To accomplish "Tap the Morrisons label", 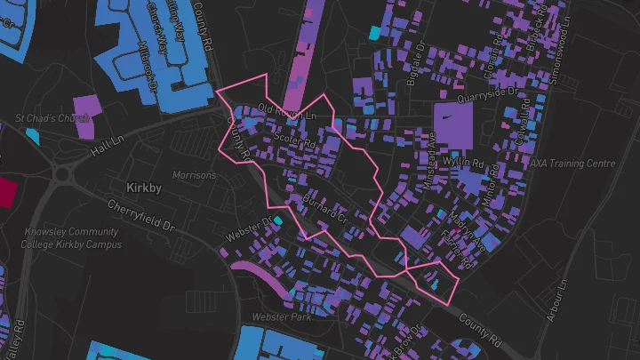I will (194, 175).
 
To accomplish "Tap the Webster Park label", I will (282, 316).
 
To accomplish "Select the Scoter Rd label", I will (296, 141).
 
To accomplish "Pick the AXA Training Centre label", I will (572, 164).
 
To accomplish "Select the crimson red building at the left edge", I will (7, 192).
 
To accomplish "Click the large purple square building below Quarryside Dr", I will (453, 123).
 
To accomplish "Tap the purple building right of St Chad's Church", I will (84, 118).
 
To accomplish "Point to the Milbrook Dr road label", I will (146, 65).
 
